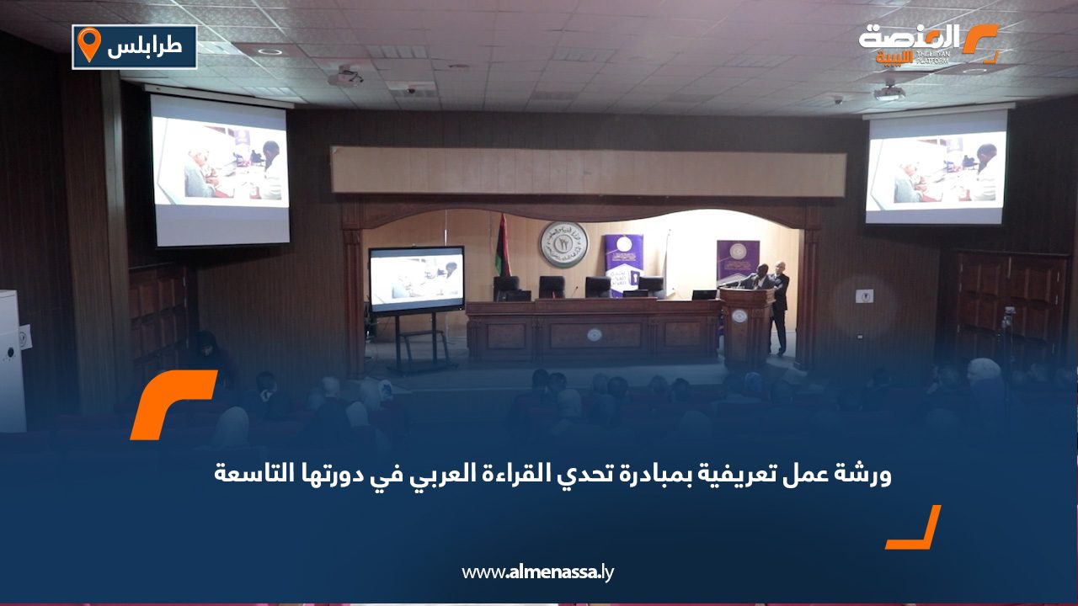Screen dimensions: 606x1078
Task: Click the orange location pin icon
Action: tap(88, 45)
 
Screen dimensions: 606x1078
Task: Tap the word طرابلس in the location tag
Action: tap(144, 47)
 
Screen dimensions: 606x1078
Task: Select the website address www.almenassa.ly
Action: tap(538, 572)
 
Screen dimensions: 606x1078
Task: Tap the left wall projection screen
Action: tap(220, 171)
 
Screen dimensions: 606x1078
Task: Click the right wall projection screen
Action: tap(937, 168)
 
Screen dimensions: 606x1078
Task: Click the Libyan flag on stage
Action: tap(502, 246)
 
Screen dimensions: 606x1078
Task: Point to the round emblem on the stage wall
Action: tap(563, 245)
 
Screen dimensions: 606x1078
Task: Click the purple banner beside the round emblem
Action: tap(624, 261)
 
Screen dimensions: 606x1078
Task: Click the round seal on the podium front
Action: tap(739, 316)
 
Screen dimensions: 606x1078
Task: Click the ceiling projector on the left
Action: tap(346, 78)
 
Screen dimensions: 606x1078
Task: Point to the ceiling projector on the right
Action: tap(889, 92)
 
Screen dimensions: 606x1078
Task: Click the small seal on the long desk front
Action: tap(595, 334)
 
